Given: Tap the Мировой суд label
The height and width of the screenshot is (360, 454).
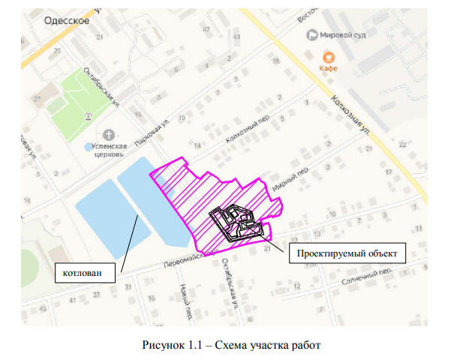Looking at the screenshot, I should point(343,34).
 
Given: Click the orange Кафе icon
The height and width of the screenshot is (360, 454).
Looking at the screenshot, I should point(328,55).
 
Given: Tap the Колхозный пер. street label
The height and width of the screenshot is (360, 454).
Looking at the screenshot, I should point(245,129).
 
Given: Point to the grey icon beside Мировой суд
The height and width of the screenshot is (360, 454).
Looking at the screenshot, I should point(311,34).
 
